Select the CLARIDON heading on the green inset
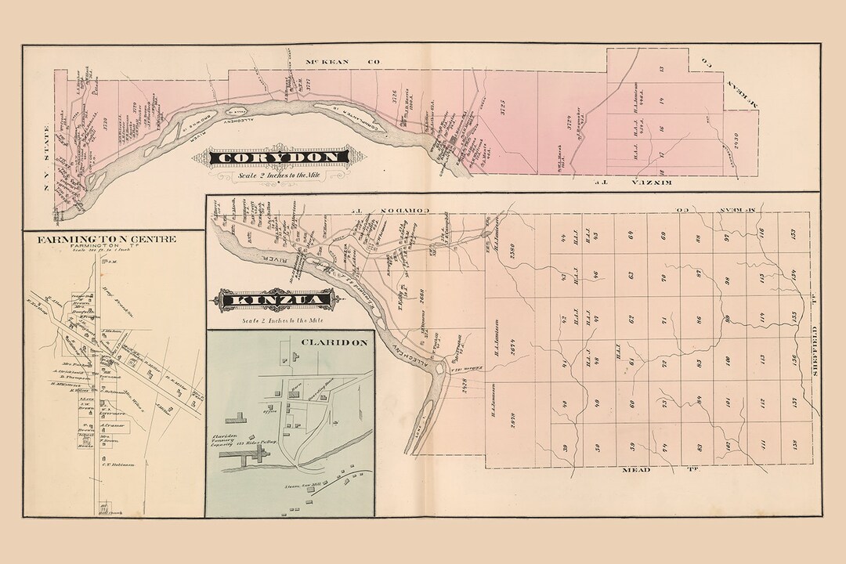(323, 342)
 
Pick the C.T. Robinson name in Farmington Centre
(118, 465)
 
